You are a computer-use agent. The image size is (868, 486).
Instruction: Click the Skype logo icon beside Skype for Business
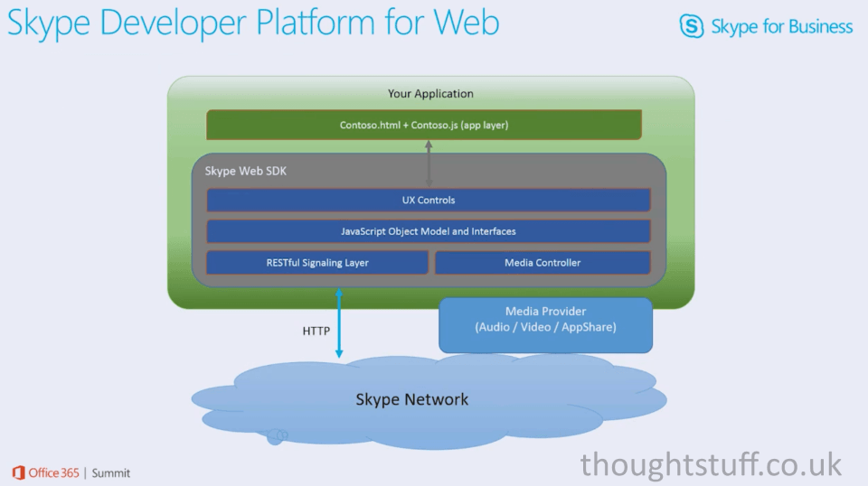(x=692, y=26)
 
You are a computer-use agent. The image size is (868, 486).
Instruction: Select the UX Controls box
(x=429, y=201)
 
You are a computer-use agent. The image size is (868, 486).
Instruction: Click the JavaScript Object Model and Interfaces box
(x=429, y=231)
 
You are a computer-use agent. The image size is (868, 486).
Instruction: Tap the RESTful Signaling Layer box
(x=317, y=263)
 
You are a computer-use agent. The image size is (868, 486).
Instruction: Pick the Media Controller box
(x=542, y=263)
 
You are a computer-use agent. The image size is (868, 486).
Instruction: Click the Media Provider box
(x=546, y=325)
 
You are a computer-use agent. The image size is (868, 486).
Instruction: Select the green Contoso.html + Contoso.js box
(x=424, y=125)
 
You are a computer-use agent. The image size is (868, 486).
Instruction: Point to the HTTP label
(x=316, y=331)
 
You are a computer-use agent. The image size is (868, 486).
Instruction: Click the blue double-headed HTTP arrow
(x=339, y=322)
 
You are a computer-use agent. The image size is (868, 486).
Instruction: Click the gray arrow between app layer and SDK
(x=429, y=164)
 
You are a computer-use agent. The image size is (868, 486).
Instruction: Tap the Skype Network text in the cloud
(x=412, y=399)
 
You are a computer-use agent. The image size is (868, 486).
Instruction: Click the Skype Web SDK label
(x=246, y=171)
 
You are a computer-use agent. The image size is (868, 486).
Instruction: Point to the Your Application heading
(x=430, y=93)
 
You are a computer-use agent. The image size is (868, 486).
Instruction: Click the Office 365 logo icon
(x=18, y=472)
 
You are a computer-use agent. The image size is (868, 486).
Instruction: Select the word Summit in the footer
(x=110, y=473)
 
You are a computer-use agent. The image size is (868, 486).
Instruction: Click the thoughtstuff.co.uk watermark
(x=711, y=464)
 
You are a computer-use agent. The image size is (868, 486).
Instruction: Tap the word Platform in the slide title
(x=316, y=23)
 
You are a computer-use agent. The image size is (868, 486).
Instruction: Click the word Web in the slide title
(x=467, y=22)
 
